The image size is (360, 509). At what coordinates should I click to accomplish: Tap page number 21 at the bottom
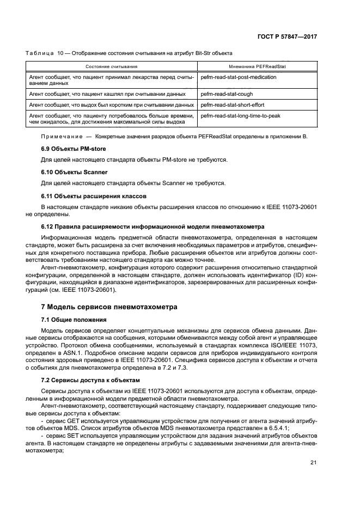pyautogui.click(x=313, y=463)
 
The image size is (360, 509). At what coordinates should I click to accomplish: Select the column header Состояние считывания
pyautogui.click(x=112, y=66)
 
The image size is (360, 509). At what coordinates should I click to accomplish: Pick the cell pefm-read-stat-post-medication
pyautogui.click(x=239, y=77)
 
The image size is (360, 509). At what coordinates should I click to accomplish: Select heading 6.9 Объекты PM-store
pyautogui.click(x=74, y=149)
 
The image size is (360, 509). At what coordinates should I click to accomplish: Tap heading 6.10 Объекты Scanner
pyautogui.click(x=73, y=171)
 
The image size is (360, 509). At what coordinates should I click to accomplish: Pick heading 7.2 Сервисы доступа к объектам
pyautogui.click(x=90, y=381)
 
